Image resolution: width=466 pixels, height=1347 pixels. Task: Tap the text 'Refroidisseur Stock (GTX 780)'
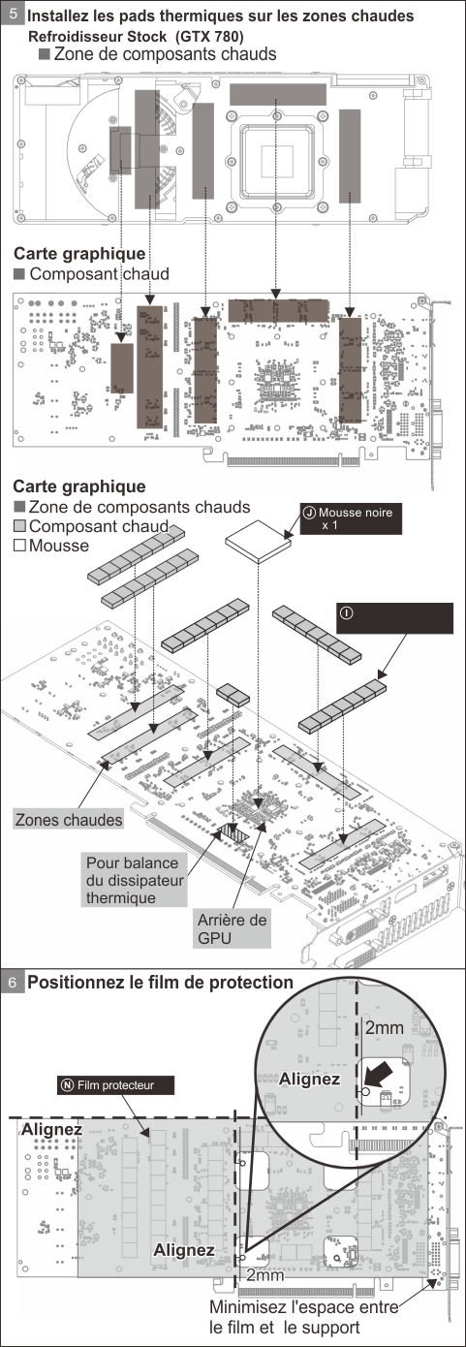(x=136, y=37)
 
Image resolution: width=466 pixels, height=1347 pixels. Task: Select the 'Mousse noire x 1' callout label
(x=351, y=518)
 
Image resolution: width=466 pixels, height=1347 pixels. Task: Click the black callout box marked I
(x=394, y=618)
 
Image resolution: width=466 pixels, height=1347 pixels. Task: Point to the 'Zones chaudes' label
(x=69, y=820)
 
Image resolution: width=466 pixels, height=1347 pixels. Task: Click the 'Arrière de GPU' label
(x=233, y=928)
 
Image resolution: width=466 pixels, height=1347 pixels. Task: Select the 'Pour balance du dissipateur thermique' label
(x=135, y=880)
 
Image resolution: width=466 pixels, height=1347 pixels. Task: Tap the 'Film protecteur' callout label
(x=116, y=1084)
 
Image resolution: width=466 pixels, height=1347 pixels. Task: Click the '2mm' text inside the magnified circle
(x=385, y=1027)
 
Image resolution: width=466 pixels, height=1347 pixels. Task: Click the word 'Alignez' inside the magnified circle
(x=309, y=1079)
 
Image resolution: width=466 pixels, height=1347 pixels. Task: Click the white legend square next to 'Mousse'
(x=19, y=546)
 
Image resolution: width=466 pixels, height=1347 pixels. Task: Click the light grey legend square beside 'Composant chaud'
(x=19, y=526)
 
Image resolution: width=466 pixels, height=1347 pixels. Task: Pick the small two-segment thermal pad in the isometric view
(x=233, y=695)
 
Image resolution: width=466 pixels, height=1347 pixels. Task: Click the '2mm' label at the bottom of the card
(x=265, y=1275)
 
